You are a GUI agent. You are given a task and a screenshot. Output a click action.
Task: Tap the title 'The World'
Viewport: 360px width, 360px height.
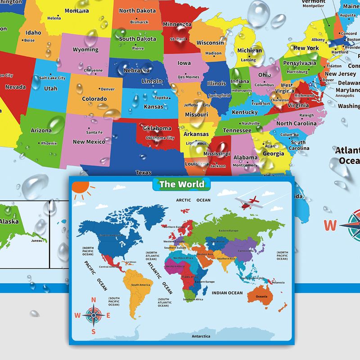182,184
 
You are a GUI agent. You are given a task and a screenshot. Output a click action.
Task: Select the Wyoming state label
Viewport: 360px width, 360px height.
85,49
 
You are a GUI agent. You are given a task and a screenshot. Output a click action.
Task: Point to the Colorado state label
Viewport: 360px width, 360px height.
94,99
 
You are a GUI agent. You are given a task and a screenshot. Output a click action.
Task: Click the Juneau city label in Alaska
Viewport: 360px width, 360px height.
36,241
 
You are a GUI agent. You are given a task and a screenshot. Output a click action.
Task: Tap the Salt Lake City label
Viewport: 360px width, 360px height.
53,78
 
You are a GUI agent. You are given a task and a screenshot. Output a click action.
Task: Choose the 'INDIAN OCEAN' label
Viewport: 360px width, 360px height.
228,293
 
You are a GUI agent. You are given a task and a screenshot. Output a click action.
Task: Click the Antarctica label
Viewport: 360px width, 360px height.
201,336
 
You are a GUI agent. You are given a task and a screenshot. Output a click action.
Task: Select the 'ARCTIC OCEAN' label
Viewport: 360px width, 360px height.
193,200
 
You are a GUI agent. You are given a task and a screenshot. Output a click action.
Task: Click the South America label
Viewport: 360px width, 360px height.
140,285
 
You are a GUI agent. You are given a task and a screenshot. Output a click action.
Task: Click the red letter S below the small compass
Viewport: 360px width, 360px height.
94,332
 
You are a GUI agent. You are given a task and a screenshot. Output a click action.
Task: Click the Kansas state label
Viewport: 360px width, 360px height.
153,107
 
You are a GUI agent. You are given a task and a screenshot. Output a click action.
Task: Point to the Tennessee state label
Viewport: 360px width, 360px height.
237,130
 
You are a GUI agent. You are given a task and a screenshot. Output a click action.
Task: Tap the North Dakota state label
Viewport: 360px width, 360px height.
137,10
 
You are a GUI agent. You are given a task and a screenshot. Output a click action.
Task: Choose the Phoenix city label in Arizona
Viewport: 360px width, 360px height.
49,144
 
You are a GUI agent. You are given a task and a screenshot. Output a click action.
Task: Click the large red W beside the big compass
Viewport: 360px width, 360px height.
330,225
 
